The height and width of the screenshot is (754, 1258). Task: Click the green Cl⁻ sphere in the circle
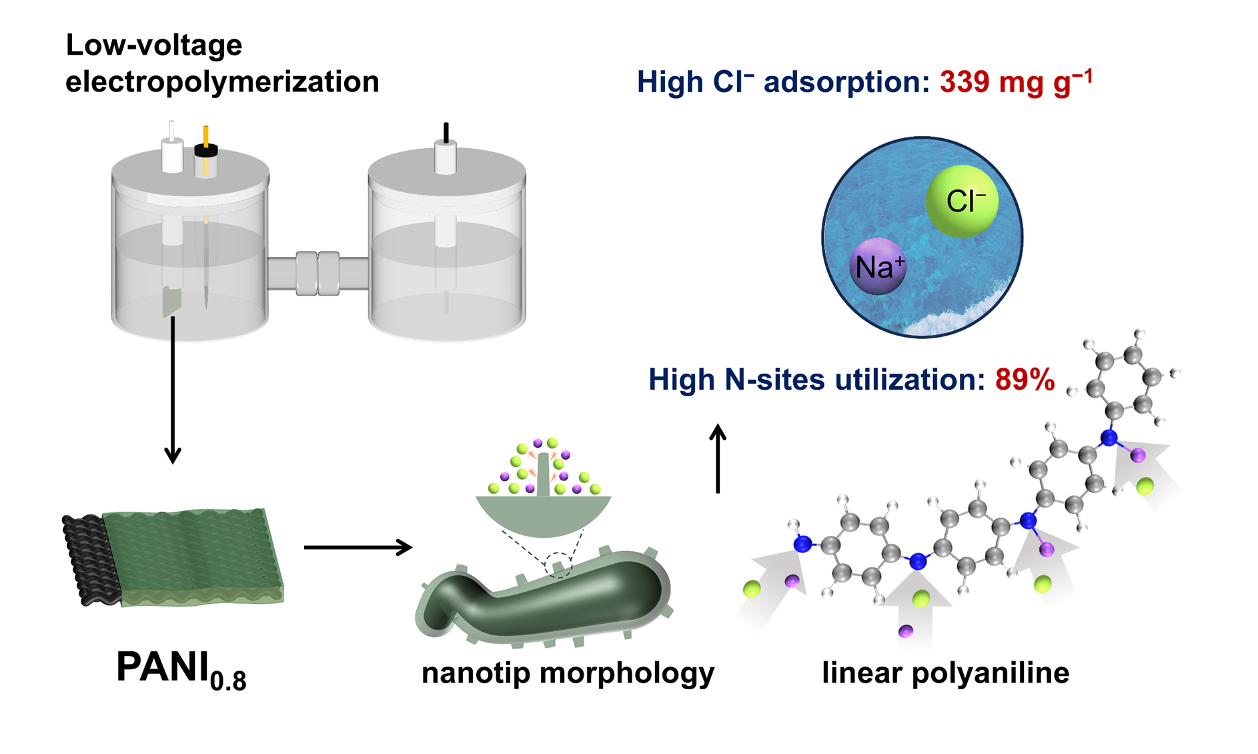(x=961, y=201)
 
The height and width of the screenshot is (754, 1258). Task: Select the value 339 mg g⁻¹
(x=1016, y=82)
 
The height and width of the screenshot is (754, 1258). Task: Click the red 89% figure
(x=1025, y=380)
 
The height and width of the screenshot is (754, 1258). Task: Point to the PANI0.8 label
(x=181, y=669)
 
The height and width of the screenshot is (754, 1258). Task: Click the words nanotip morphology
(x=568, y=673)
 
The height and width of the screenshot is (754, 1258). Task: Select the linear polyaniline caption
(x=945, y=673)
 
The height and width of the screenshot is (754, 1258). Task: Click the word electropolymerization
(x=222, y=82)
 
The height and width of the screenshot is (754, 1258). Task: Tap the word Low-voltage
(x=153, y=45)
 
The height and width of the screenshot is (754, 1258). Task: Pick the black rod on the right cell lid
(x=446, y=132)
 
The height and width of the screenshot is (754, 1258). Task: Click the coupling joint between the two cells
(x=318, y=273)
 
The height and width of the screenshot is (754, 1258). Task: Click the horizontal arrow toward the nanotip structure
(x=358, y=547)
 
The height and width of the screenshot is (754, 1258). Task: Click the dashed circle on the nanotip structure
(x=558, y=564)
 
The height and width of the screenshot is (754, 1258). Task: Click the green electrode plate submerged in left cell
(x=171, y=302)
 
